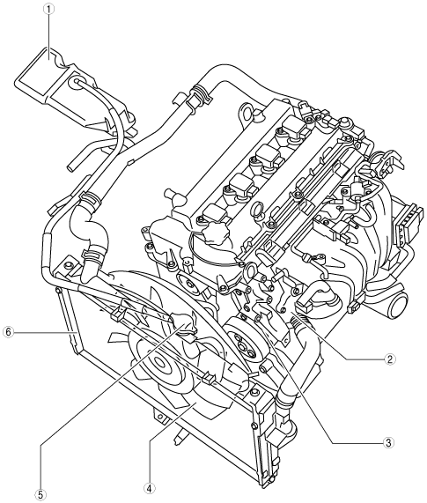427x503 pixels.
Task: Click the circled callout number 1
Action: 48,10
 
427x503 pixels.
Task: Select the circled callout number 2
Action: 389,359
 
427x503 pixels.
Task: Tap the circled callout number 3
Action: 388,443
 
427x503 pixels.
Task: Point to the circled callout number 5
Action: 41,493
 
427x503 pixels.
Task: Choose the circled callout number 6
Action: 8,332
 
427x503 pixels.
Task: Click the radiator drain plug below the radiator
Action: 179,436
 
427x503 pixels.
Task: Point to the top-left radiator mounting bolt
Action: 67,265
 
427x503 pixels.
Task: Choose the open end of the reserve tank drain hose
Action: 70,167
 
